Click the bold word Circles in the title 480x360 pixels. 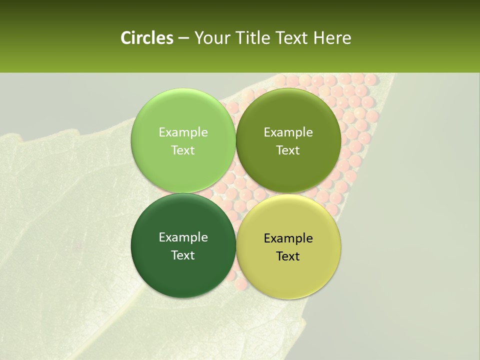tap(147, 38)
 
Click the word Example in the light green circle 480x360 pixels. tap(183, 132)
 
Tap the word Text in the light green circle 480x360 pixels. tap(183, 150)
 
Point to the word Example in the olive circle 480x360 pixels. tap(288, 132)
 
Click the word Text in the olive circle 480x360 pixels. tap(288, 150)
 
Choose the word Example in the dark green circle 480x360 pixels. tap(183, 237)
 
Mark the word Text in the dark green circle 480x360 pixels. tap(183, 255)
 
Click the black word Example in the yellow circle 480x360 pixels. tap(288, 238)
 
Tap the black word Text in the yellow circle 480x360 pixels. tap(288, 256)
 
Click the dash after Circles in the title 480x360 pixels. tap(183, 38)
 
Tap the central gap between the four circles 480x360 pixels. tap(235, 193)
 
